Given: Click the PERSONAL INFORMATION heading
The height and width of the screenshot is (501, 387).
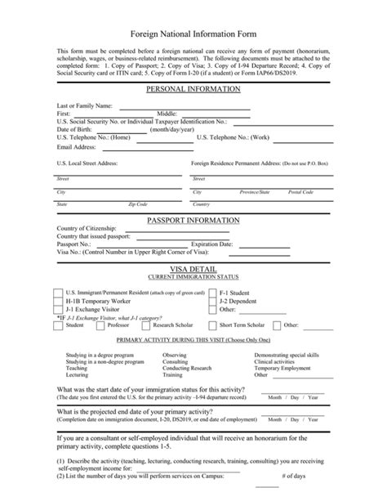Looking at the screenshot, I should [193, 88].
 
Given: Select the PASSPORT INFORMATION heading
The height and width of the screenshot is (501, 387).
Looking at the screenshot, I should [193, 220].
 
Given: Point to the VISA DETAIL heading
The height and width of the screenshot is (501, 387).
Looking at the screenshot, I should [193, 268].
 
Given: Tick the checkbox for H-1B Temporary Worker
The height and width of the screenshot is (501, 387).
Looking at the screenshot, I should [57, 300].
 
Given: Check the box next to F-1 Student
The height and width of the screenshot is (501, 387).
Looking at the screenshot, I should [214, 292].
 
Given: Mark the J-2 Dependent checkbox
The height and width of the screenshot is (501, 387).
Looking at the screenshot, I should [214, 300].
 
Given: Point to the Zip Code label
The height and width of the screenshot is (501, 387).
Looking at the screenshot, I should [137, 204].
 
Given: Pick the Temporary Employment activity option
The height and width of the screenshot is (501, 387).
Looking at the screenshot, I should [282, 369].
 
